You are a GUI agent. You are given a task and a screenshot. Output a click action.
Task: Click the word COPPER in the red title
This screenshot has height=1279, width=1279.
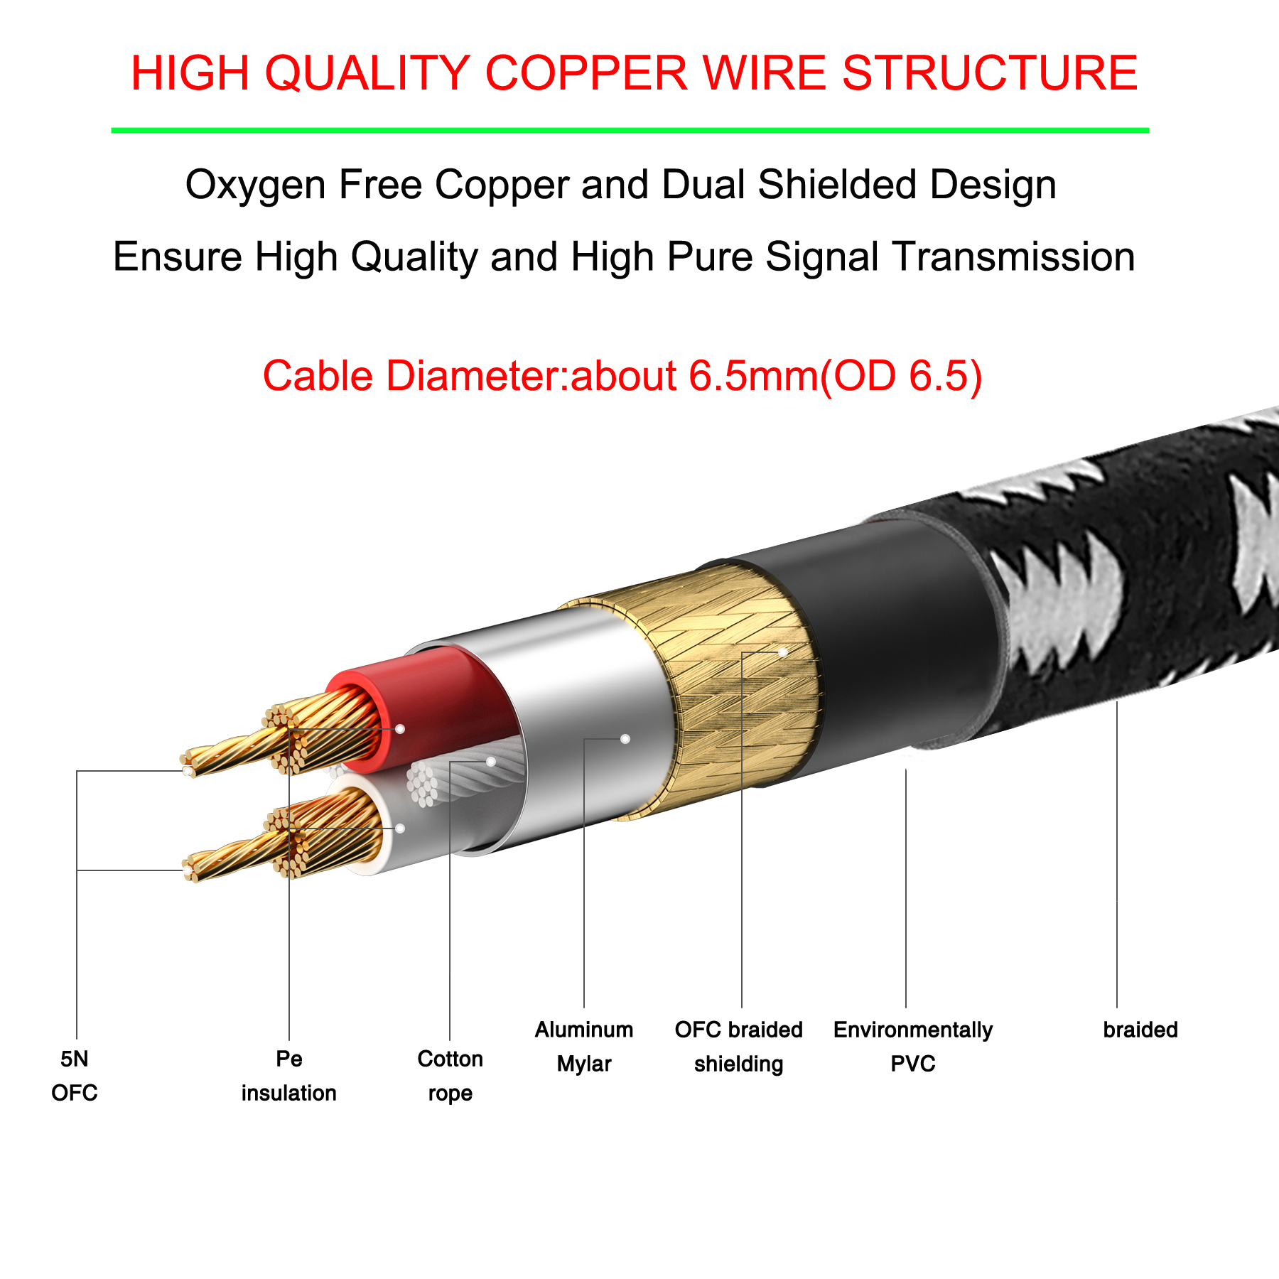tap(586, 73)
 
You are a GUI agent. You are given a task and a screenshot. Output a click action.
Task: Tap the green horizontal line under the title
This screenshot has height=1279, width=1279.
tap(630, 131)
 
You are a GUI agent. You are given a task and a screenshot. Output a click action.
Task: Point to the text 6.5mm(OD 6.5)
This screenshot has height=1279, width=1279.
tap(836, 376)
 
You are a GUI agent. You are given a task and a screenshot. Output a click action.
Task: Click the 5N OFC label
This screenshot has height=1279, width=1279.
tap(75, 1076)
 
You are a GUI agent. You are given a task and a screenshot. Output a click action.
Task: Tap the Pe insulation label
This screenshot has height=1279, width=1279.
tap(288, 1076)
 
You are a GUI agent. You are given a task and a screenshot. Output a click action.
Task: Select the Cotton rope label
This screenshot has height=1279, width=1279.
tap(450, 1076)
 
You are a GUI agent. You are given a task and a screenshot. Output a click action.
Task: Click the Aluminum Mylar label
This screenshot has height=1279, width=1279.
tap(584, 1046)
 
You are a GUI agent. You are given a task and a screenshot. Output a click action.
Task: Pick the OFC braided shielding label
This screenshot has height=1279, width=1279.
tap(738, 1046)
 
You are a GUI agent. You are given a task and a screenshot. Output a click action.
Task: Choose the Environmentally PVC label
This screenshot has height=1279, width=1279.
tap(913, 1046)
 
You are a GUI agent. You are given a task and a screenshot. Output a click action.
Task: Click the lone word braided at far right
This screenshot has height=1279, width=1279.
tap(1140, 1030)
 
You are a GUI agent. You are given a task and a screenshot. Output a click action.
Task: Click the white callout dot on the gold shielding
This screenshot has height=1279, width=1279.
tap(782, 652)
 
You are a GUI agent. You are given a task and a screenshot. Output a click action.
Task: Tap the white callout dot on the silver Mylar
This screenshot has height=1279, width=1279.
tap(625, 739)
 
